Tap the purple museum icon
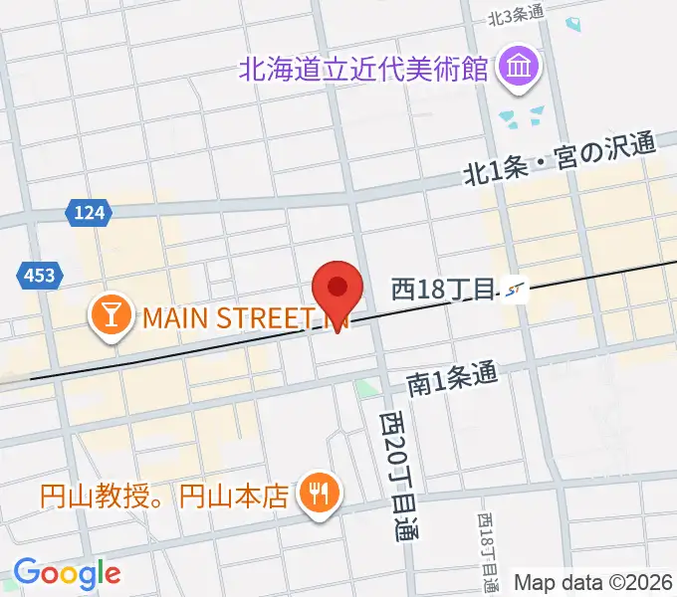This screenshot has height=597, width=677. (x=519, y=69)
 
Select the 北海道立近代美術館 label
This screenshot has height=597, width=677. (x=364, y=70)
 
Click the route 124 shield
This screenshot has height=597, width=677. (x=90, y=212)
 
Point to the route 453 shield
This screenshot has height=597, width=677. (x=41, y=276)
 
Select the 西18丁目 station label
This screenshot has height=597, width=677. (x=443, y=290)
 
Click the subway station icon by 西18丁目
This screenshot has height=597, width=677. (x=515, y=290)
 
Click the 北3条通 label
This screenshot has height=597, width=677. (x=515, y=15)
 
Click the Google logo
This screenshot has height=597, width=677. (x=67, y=572)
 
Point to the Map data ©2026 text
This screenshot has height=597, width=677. (x=593, y=582)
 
